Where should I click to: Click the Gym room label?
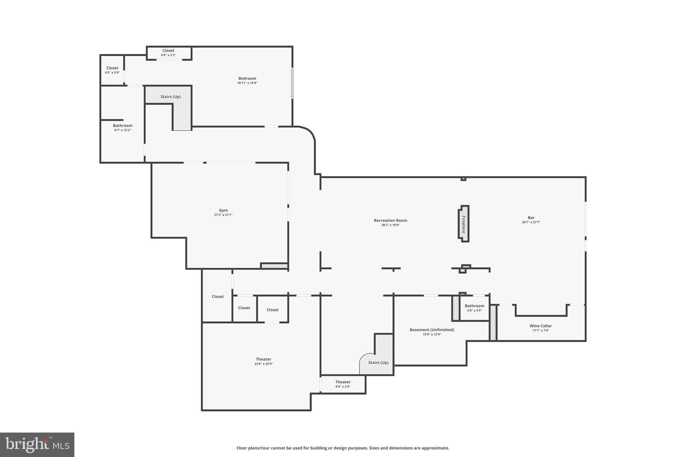point(223,210)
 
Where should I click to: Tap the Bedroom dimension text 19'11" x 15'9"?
point(247,83)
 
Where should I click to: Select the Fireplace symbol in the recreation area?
point(464,224)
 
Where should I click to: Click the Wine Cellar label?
point(541,326)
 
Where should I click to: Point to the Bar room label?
point(531,218)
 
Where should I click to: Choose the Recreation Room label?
point(391,220)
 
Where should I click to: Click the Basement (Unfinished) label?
point(432,330)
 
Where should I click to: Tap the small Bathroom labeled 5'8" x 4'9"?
point(474,308)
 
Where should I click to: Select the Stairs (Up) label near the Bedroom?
point(170,97)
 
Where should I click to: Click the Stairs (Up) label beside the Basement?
point(378,363)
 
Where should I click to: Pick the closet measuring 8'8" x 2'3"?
point(168,53)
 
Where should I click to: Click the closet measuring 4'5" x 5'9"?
point(112,70)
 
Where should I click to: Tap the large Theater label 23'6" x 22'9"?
point(264,361)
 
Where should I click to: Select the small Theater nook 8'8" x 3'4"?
point(343,384)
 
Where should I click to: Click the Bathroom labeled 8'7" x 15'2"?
point(123,128)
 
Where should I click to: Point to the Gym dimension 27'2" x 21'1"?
point(223,215)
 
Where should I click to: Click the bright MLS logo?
point(37,445)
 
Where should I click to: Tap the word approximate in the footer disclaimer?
point(435,448)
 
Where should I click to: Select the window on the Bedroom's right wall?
point(292,83)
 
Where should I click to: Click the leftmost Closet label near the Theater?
point(218,297)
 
